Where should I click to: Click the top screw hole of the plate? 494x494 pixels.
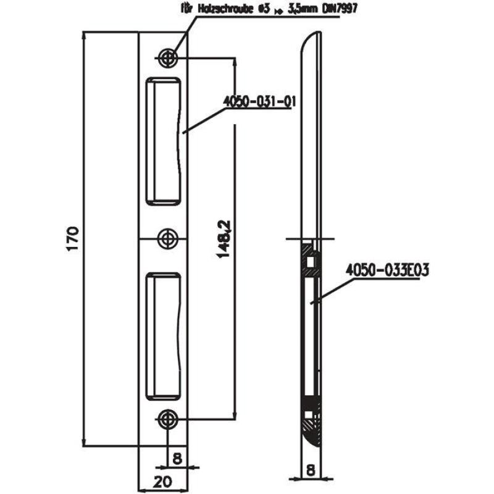[167, 59]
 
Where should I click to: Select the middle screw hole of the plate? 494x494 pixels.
[167, 238]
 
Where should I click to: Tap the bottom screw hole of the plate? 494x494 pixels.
[167, 419]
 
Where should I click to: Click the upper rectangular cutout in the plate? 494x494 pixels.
[164, 140]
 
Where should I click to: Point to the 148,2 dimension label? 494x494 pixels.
[226, 239]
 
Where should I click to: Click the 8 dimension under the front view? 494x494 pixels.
[177, 459]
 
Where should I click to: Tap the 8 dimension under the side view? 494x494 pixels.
[310, 471]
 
